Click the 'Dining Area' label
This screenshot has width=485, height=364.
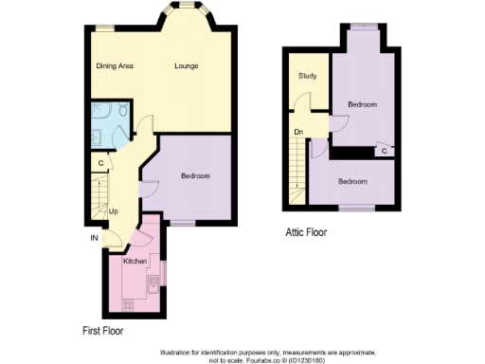(x=114, y=65)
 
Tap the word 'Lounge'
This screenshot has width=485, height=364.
(x=186, y=65)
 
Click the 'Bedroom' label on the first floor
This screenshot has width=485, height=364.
(x=195, y=176)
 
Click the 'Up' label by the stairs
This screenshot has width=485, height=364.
(x=113, y=210)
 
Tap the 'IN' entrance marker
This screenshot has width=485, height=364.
(x=94, y=238)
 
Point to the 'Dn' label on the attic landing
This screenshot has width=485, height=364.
(x=297, y=133)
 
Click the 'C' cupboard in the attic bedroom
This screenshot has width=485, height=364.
(x=384, y=151)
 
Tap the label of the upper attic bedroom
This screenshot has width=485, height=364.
(x=363, y=103)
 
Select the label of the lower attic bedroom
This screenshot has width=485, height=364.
(x=353, y=181)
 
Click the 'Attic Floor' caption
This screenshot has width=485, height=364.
(x=306, y=231)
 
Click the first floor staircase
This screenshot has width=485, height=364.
(x=99, y=199)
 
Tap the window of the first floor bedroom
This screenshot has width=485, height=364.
(x=182, y=224)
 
